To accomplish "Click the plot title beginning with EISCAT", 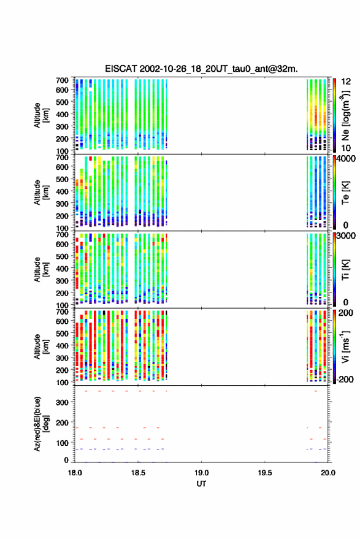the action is click(x=201, y=69).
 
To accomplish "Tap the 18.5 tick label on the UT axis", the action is click(x=138, y=473).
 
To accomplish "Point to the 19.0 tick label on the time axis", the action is click(x=201, y=473).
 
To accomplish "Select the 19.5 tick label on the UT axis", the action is click(x=265, y=473).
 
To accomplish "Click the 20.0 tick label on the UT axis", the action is click(x=328, y=473).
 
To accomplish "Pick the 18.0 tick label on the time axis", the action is click(x=75, y=473).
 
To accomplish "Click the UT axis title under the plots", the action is click(x=201, y=484).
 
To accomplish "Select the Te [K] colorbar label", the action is click(x=345, y=193).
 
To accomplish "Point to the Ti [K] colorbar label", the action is click(x=345, y=270).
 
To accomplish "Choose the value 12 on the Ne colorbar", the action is click(x=346, y=81).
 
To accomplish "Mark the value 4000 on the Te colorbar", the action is click(x=346, y=158).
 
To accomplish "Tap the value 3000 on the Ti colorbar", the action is click(x=346, y=235).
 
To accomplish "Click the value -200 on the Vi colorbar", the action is click(x=345, y=379).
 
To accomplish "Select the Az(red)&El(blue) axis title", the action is click(x=42, y=424).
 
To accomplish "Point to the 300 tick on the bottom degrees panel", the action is click(x=62, y=402).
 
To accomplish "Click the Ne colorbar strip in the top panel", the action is click(x=334, y=115).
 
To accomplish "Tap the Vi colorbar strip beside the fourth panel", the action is click(x=334, y=346).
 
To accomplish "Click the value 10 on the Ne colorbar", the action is click(x=346, y=148).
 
